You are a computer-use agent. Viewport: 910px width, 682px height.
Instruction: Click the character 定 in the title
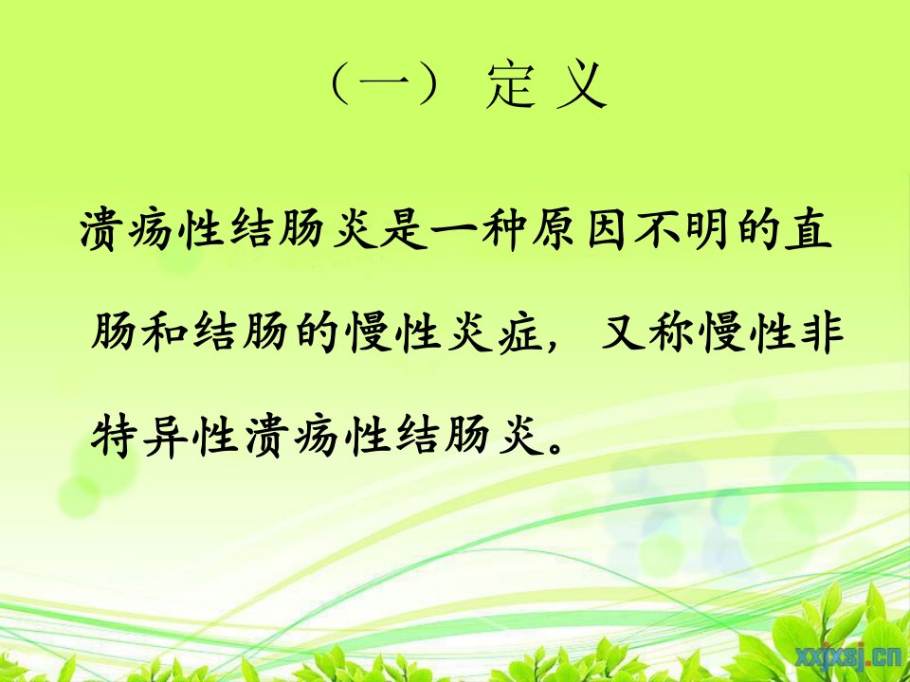[x=511, y=85]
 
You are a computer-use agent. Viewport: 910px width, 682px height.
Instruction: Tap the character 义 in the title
[x=581, y=86]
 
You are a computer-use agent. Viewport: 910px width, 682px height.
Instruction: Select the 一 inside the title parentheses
[x=384, y=86]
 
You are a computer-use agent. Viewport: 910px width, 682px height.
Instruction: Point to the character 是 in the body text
[x=406, y=231]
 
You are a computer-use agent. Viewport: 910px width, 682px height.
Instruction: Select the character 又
[x=623, y=332]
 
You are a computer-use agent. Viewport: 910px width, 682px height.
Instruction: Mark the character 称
[x=674, y=332]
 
